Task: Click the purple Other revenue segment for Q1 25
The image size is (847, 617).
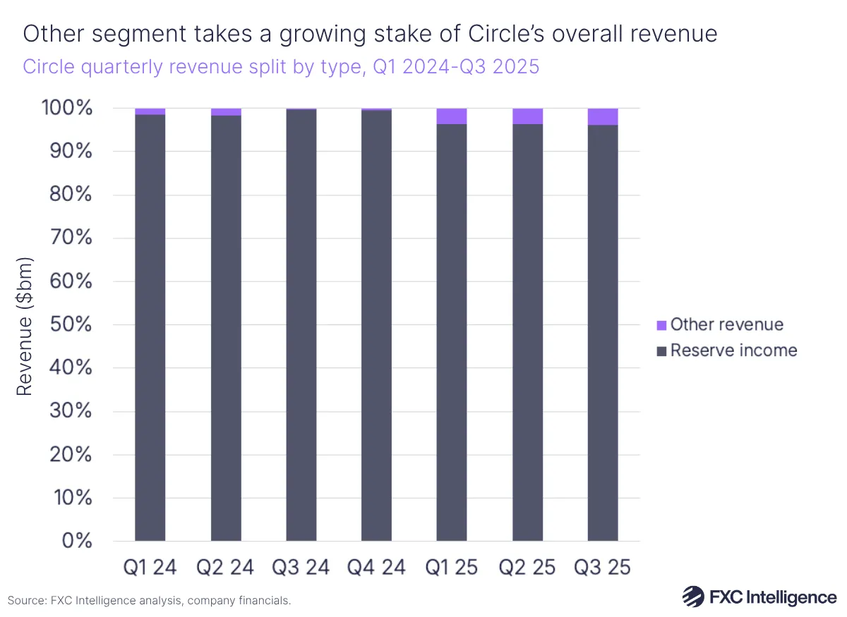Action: tap(452, 116)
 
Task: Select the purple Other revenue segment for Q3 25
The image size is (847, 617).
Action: tap(603, 117)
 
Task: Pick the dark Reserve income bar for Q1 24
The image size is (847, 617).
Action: tap(150, 328)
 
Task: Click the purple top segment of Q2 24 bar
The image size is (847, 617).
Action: tap(226, 112)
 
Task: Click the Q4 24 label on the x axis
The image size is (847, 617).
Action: tap(376, 567)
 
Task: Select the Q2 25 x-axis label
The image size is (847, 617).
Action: tap(527, 567)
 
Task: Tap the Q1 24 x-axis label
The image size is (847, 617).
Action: tap(150, 567)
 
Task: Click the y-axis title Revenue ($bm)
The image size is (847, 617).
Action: tap(25, 324)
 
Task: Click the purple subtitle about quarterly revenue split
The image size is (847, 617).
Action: tap(281, 66)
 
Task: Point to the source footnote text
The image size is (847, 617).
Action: tap(149, 601)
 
